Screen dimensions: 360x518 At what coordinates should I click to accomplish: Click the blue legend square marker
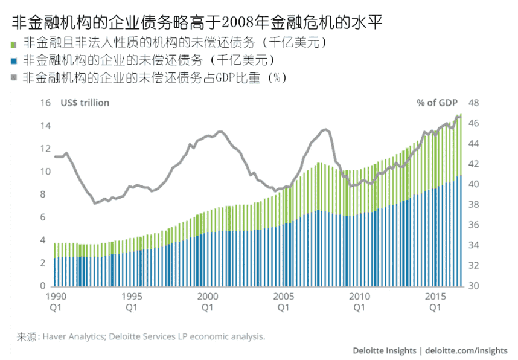tap(13, 62)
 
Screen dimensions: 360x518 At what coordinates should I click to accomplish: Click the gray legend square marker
tap(13, 79)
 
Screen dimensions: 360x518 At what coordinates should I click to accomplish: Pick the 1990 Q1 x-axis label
tap(56, 302)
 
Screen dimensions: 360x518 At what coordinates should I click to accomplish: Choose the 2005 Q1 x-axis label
tap(283, 302)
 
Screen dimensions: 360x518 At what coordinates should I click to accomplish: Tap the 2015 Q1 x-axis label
tap(435, 302)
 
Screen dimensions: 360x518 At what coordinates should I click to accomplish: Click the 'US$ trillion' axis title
tap(85, 103)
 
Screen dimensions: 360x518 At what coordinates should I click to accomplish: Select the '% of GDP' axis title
tap(437, 103)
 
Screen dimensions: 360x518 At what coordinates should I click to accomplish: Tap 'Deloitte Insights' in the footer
tap(385, 350)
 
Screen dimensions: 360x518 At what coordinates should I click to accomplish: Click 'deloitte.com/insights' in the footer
tap(466, 350)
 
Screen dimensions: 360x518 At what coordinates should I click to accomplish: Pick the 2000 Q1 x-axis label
tap(207, 302)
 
